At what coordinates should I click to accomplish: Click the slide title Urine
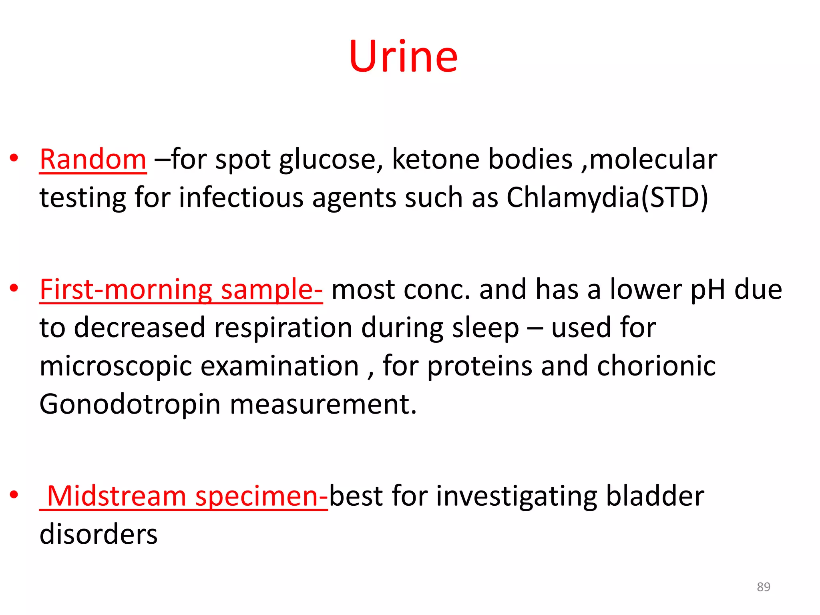tap(403, 56)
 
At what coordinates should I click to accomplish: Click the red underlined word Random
tap(93, 159)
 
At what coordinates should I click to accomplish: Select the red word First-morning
tap(126, 289)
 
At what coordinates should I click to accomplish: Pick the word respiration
tap(283, 328)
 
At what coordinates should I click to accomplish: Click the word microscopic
tap(116, 366)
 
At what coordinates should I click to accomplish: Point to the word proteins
tap(480, 366)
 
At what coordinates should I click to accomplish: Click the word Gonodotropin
tap(130, 404)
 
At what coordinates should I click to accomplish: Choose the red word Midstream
tap(117, 496)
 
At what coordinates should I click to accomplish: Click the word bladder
tap(655, 496)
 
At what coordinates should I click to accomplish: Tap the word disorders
tap(98, 534)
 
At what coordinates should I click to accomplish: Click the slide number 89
tap(763, 587)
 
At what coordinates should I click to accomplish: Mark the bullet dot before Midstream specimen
tap(14, 495)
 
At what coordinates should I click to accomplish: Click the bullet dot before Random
tap(14, 158)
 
